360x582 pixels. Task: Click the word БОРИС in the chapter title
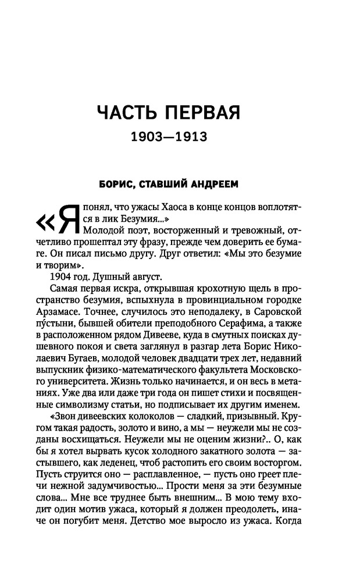tap(120, 185)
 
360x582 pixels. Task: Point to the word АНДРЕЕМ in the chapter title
tap(214, 185)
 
